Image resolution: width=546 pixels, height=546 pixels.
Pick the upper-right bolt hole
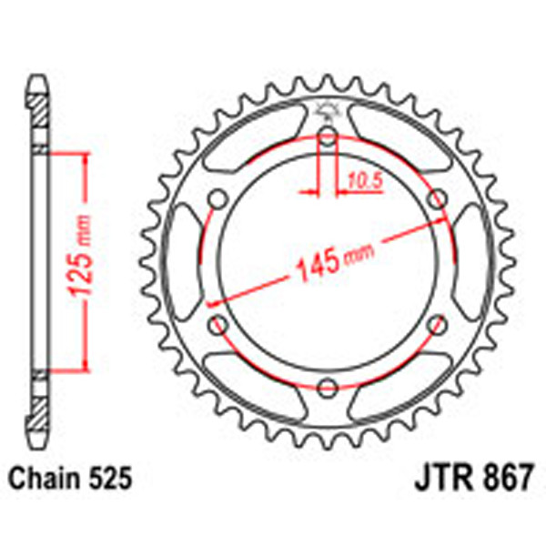[x=437, y=200]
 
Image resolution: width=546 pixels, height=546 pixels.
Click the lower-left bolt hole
[x=218, y=324]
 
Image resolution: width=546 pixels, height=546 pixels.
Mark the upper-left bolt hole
[x=218, y=200]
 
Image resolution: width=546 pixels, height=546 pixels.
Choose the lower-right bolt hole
[x=437, y=324]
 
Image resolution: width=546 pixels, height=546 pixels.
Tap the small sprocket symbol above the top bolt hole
[x=326, y=114]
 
